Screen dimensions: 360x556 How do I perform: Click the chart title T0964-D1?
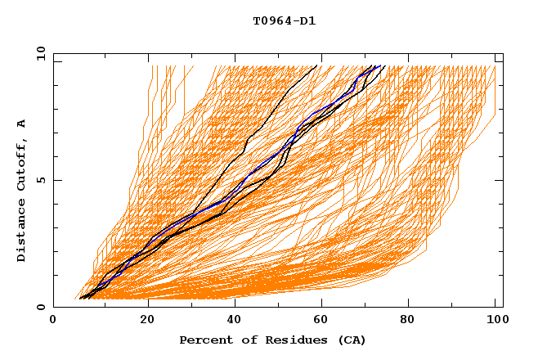coord(284,21)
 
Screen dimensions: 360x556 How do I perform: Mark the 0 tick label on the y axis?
coord(40,308)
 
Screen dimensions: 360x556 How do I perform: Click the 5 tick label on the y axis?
coord(40,180)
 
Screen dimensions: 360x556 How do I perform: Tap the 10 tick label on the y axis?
coord(38,52)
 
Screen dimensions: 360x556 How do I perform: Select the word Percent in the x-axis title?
coord(204,340)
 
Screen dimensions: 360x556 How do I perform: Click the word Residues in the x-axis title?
coord(289,340)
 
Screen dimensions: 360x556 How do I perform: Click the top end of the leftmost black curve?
coord(316,65)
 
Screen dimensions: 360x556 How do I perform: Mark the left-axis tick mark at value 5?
coord(56,180)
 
